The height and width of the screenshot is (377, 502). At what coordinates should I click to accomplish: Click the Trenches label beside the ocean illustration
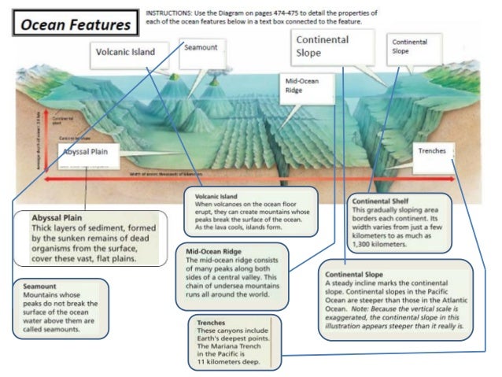[432, 150]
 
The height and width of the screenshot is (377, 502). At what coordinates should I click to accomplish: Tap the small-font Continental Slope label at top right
[409, 46]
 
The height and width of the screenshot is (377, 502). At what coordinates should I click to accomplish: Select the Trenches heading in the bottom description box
[211, 322]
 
